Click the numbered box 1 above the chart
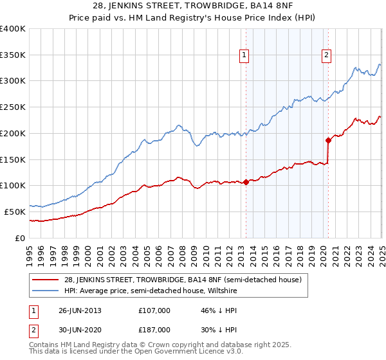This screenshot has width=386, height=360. [245, 56]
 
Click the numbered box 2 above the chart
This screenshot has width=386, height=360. [327, 56]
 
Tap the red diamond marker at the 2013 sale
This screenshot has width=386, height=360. [246, 182]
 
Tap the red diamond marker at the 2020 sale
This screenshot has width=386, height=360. [328, 139]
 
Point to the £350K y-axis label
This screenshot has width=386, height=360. [13, 55]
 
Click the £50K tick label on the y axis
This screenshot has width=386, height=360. [15, 212]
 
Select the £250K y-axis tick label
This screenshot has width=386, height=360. [13, 107]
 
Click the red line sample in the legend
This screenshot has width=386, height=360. [46, 280]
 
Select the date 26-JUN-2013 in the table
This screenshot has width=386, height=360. [80, 310]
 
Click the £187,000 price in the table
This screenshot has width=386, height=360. [154, 329]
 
